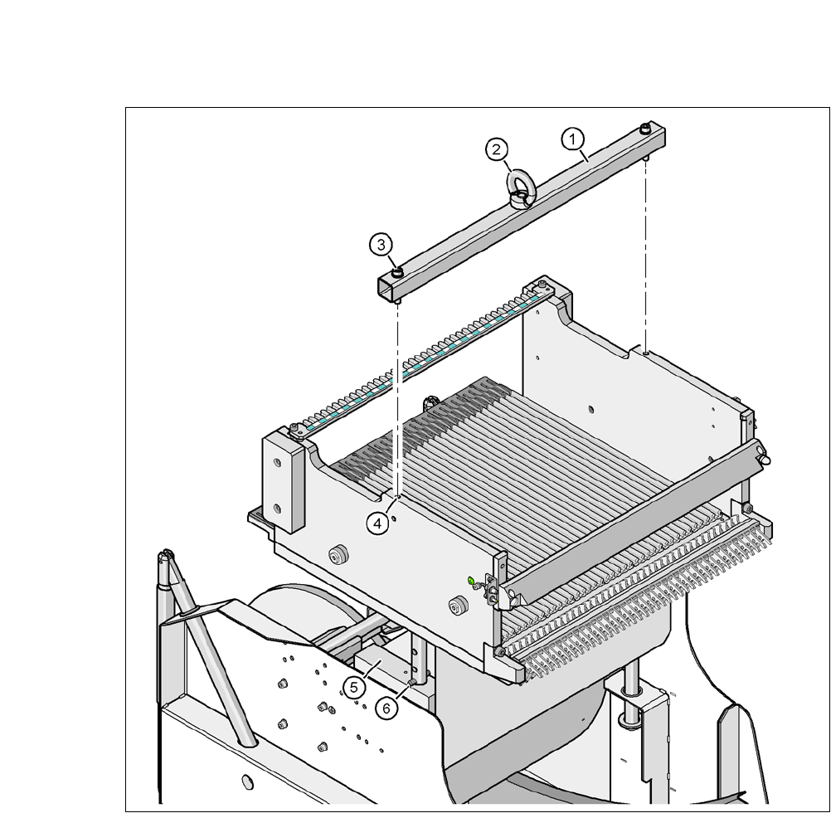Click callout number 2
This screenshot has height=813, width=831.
click(496, 149)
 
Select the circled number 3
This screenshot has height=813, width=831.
click(381, 245)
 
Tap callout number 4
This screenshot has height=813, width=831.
click(378, 523)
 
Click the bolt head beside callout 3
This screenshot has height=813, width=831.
click(398, 270)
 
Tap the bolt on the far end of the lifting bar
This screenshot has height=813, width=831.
click(644, 128)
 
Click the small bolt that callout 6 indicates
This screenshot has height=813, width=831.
click(411, 682)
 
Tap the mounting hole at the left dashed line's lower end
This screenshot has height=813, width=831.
click(399, 498)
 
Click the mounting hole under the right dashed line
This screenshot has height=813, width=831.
click(645, 352)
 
